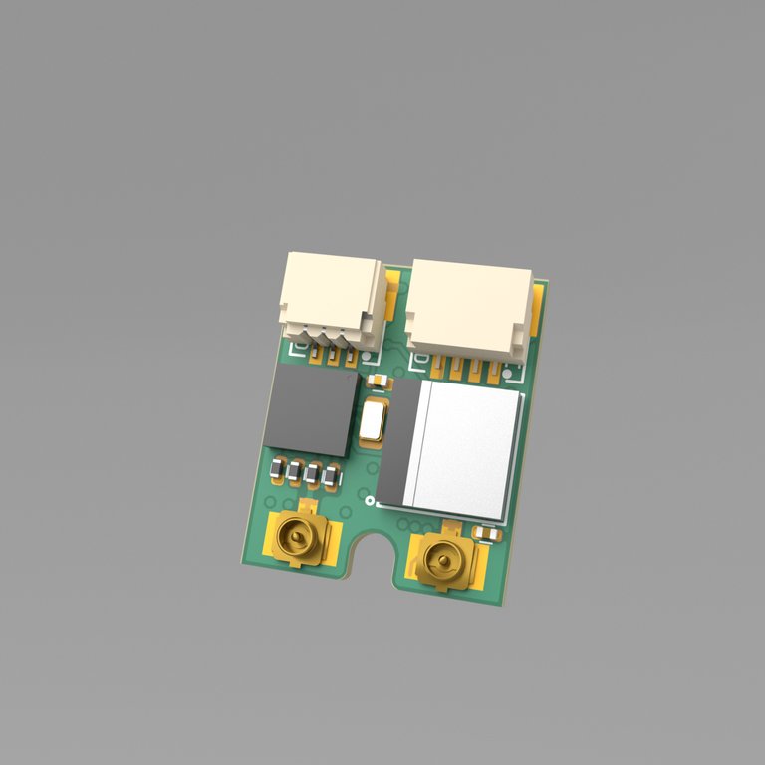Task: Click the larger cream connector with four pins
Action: (470, 304)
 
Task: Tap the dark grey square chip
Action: (311, 411)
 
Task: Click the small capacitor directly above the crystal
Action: (380, 382)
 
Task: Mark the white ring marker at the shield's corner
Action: (370, 500)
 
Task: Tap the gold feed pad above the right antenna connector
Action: (447, 529)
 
